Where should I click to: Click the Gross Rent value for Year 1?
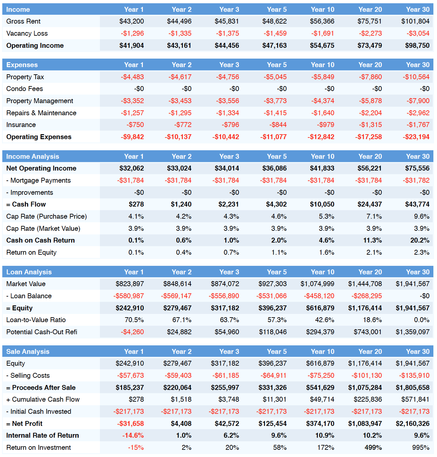(x=132, y=21)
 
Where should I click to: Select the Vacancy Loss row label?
(x=27, y=33)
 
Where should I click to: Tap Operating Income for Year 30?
(x=417, y=45)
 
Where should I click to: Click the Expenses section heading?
(x=22, y=65)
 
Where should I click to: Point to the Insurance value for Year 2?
(x=182, y=125)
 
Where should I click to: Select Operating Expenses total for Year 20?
(x=369, y=137)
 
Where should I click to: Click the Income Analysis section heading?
(x=33, y=156)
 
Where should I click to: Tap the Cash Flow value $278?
(x=136, y=204)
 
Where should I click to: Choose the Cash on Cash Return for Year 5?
(x=279, y=240)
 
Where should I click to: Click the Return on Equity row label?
(x=31, y=252)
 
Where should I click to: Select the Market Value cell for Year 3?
(x=225, y=284)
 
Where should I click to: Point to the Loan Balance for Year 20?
(x=367, y=296)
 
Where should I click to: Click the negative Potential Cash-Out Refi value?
(x=132, y=332)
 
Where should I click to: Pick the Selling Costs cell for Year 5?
(x=273, y=375)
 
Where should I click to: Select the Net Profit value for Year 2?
(x=181, y=424)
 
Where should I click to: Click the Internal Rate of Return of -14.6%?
(x=133, y=435)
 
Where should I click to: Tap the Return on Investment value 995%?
(x=421, y=448)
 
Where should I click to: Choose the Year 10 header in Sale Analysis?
(x=323, y=352)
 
